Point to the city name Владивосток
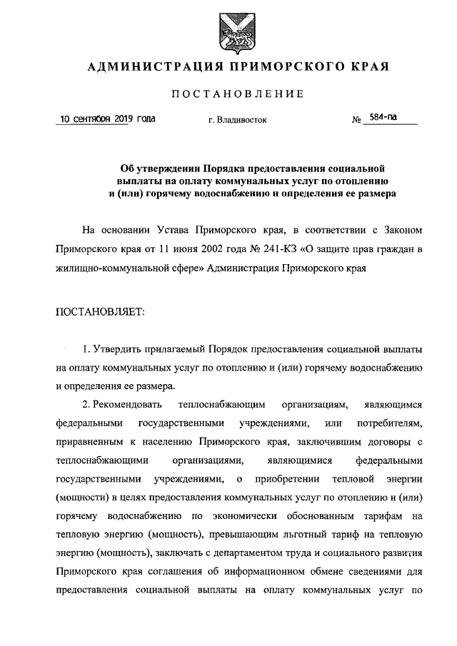click(238, 120)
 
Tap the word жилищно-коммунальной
click(109, 270)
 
